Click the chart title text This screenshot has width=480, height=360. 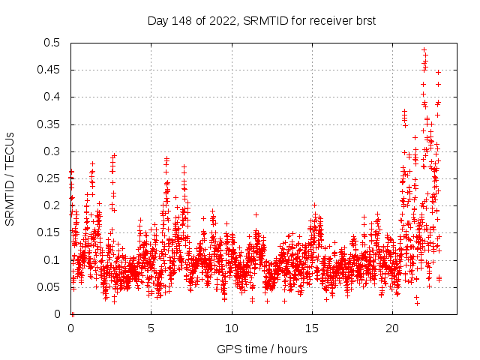pyautogui.click(x=261, y=21)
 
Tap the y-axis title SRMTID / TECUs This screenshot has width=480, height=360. pyautogui.click(x=10, y=178)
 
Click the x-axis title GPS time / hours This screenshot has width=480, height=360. pyautogui.click(x=261, y=349)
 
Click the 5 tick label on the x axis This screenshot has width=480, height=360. pyautogui.click(x=151, y=328)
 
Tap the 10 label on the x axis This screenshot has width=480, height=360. pyautogui.click(x=232, y=328)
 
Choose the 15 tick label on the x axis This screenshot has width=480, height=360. pyautogui.click(x=312, y=328)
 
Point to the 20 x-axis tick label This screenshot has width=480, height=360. pyautogui.click(x=392, y=328)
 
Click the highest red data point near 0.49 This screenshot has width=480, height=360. pyautogui.click(x=424, y=50)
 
